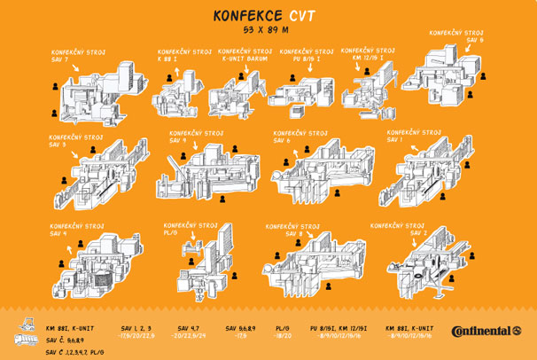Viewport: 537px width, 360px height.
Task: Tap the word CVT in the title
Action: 301,16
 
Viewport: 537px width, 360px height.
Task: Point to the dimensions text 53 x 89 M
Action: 268,30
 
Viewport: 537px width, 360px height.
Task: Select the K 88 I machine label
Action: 167,59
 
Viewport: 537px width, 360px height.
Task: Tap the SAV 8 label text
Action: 282,234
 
